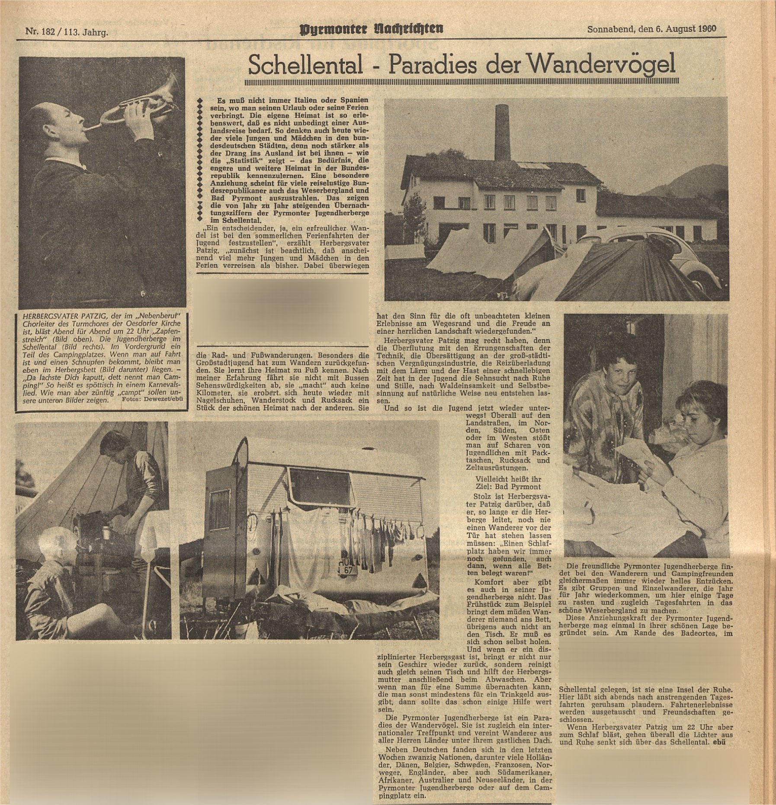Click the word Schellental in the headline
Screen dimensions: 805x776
click(x=305, y=66)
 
